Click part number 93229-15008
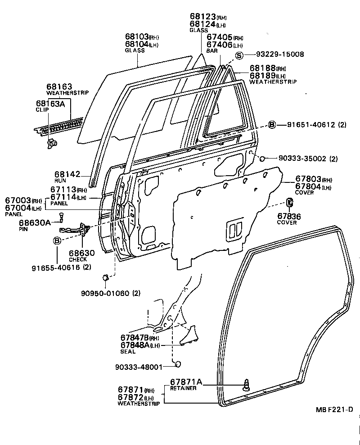click(280, 54)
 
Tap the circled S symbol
click(239, 55)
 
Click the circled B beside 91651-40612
click(272, 125)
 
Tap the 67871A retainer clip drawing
click(247, 384)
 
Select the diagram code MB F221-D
click(333, 409)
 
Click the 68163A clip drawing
click(51, 143)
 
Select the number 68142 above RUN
click(67, 174)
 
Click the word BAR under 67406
click(212, 52)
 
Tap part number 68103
click(137, 37)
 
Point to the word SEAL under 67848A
click(128, 352)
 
